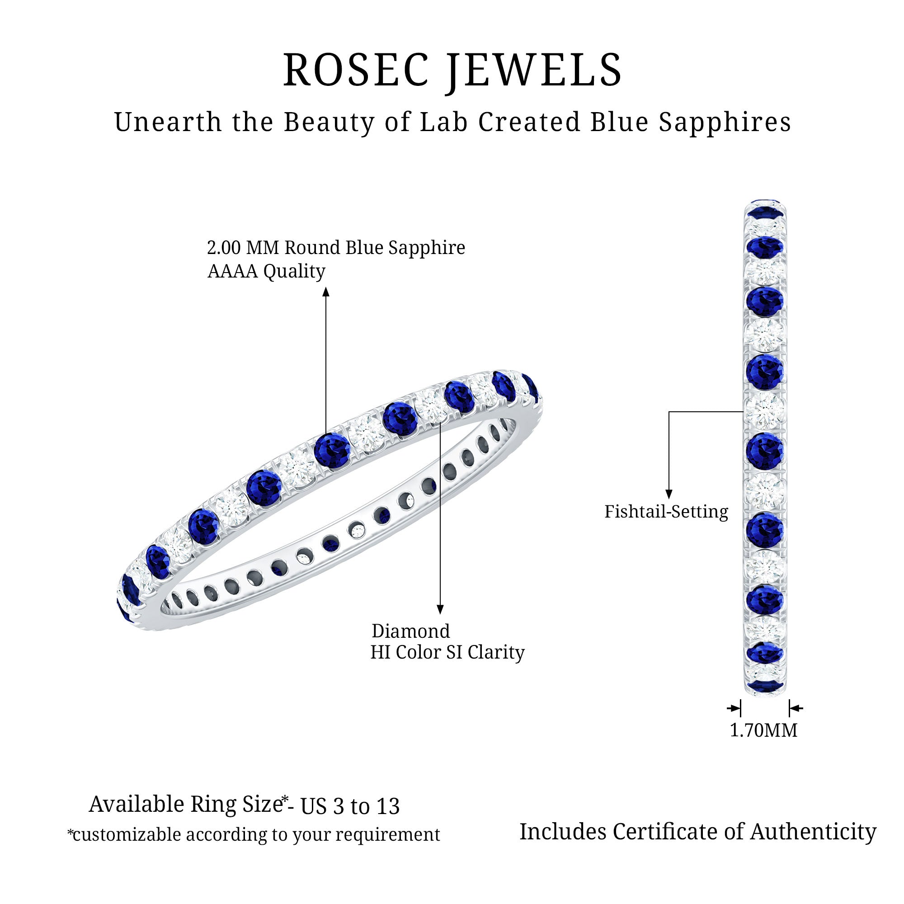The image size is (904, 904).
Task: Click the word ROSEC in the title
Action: pos(356,70)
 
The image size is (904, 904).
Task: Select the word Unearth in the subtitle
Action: pos(168,122)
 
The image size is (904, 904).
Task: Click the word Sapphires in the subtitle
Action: pos(725,122)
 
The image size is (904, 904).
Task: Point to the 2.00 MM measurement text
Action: pos(243,248)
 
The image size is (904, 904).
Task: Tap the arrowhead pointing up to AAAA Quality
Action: pos(326,292)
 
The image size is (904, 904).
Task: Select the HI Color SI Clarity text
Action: pos(447,652)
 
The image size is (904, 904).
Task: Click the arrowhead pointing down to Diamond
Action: pos(440,609)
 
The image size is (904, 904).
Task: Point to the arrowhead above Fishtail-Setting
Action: pos(669,494)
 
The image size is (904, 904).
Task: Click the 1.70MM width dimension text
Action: pos(763,730)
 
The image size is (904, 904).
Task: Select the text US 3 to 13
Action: pos(350,806)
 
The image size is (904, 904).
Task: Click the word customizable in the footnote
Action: pos(127,835)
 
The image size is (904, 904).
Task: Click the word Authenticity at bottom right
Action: pos(813,832)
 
